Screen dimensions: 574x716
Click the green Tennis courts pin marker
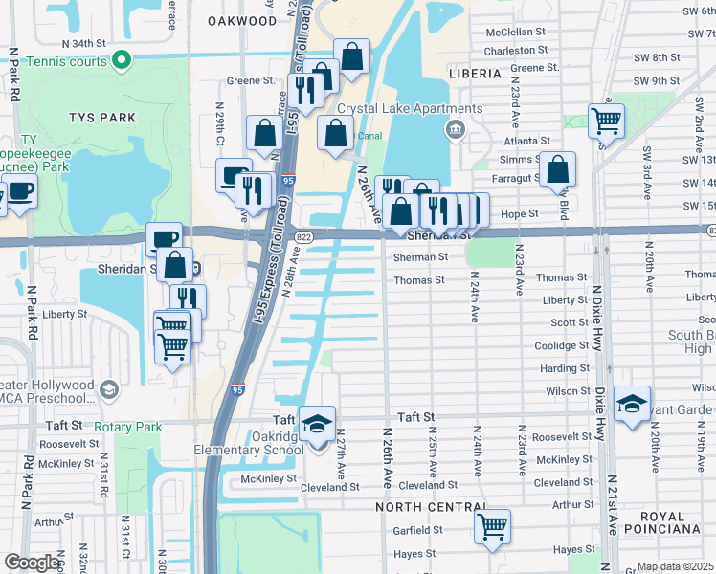(x=121, y=61)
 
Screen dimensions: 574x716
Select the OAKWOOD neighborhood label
(x=242, y=20)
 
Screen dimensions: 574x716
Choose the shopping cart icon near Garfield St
(x=492, y=525)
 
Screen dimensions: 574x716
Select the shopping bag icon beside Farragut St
(x=557, y=169)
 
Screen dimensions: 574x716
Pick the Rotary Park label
(x=128, y=427)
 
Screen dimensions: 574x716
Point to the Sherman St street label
(x=420, y=257)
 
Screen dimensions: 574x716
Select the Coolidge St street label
(x=562, y=345)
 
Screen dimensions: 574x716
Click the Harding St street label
(x=564, y=368)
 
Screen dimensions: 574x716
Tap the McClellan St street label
(x=514, y=32)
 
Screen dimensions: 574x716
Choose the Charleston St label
(x=514, y=51)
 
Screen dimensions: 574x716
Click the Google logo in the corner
(x=32, y=563)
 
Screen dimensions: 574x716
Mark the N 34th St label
(x=81, y=44)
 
